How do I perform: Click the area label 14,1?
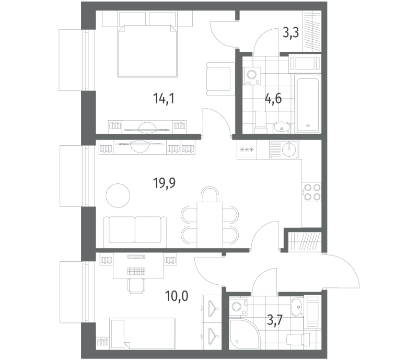pyautogui.click(x=164, y=99)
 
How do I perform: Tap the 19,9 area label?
pyautogui.click(x=164, y=183)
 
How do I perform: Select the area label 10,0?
pyautogui.click(x=177, y=296)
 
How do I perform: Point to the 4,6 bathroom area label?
pyautogui.click(x=273, y=99)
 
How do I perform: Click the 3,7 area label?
pyautogui.click(x=275, y=320)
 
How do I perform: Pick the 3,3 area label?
pyautogui.click(x=291, y=33)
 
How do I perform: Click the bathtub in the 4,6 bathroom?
pyautogui.click(x=308, y=103)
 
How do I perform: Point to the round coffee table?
pyautogui.click(x=118, y=195)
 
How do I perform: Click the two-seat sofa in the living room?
pyautogui.click(x=135, y=232)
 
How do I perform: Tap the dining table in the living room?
pyautogui.click(x=210, y=225)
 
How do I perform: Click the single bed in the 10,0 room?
pyautogui.click(x=143, y=333)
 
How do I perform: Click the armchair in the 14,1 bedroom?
pyautogui.click(x=220, y=79)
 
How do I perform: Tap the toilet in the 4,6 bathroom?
pyautogui.click(x=261, y=122)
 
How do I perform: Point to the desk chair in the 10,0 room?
pyautogui.click(x=137, y=286)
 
